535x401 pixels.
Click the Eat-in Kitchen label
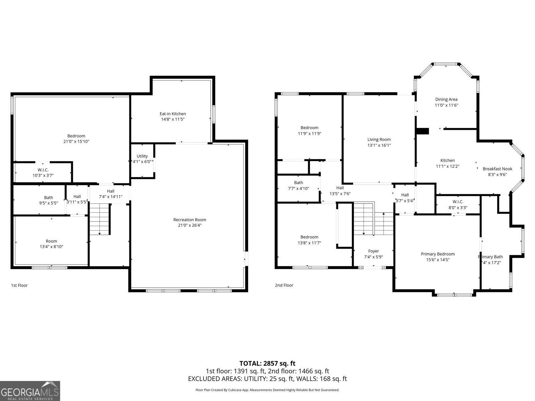[x=173, y=114]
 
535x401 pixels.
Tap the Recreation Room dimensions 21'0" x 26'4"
[x=190, y=225]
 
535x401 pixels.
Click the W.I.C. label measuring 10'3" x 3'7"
[x=43, y=173]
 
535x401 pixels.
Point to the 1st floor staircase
[x=100, y=219]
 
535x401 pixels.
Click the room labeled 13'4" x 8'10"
[x=51, y=244]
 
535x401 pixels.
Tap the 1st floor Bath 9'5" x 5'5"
[x=48, y=200]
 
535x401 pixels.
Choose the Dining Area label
[x=446, y=99]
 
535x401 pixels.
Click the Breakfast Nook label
[x=497, y=169]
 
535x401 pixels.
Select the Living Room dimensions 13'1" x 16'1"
[x=379, y=145]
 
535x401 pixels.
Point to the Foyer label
[x=373, y=251]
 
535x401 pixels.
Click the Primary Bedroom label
[x=438, y=254]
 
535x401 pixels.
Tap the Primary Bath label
[x=491, y=257]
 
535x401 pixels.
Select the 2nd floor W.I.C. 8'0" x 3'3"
[x=458, y=205]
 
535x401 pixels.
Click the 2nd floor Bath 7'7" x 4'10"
[x=299, y=185]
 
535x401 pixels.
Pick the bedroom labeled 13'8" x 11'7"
[x=309, y=240]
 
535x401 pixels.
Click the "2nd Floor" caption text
[x=284, y=285]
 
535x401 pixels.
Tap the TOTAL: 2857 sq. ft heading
[x=267, y=363]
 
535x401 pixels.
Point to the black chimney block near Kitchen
[x=423, y=131]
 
